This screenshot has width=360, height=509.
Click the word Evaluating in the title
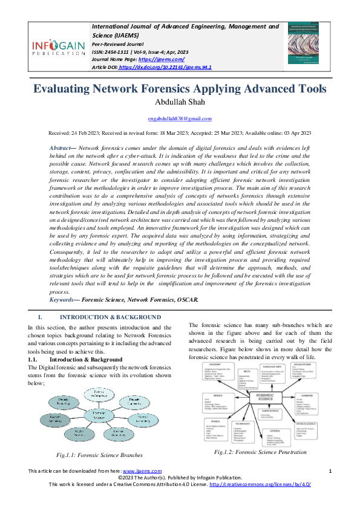click(67, 89)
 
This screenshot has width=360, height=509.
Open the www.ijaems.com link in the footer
click(142, 487)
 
